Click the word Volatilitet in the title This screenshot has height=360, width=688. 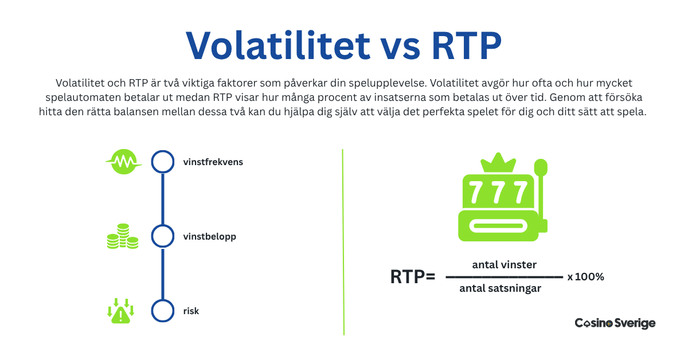pyautogui.click(x=278, y=45)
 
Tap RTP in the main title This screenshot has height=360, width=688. pyautogui.click(x=467, y=45)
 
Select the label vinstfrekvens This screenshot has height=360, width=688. pyautogui.click(x=213, y=162)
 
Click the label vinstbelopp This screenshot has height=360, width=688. pyautogui.click(x=209, y=237)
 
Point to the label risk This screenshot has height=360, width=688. pyautogui.click(x=191, y=311)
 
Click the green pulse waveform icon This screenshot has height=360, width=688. pyautogui.click(x=123, y=162)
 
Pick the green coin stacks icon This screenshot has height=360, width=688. pyautogui.click(x=123, y=236)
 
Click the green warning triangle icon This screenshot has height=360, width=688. pyautogui.click(x=121, y=311)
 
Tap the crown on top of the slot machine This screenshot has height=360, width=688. pyautogui.click(x=498, y=163)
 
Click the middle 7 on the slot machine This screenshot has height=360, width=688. pyautogui.click(x=498, y=192)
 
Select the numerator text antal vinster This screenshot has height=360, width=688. pyautogui.click(x=505, y=264)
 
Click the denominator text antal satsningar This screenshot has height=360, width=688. pyautogui.click(x=500, y=288)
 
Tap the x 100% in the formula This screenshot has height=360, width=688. pyautogui.click(x=586, y=277)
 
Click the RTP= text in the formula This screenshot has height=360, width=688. pyautogui.click(x=412, y=276)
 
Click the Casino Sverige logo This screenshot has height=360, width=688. pyautogui.click(x=615, y=323)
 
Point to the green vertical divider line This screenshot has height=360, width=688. pyautogui.click(x=343, y=242)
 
